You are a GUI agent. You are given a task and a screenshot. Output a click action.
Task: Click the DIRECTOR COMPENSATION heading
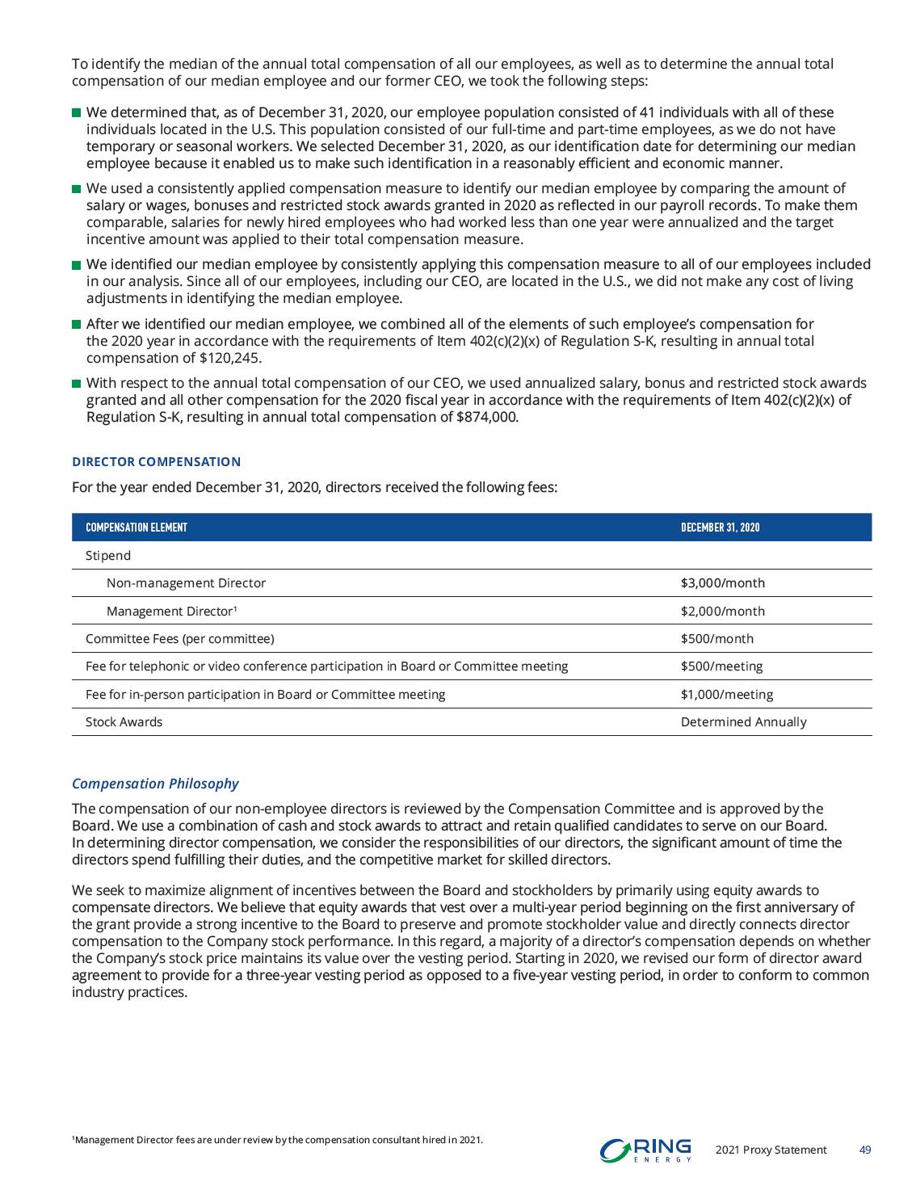(156, 462)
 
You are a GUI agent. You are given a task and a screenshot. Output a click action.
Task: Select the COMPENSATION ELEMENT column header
(137, 528)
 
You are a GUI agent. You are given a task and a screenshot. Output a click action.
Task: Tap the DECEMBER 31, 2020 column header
(720, 528)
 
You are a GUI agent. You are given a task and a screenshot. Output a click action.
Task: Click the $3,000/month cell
(722, 583)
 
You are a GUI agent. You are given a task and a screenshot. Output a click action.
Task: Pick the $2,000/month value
(722, 612)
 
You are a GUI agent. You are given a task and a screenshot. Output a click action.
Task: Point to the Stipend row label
(108, 556)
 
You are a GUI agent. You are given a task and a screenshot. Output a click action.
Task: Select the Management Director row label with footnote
(171, 612)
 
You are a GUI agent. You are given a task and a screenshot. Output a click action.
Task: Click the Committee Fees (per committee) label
(179, 639)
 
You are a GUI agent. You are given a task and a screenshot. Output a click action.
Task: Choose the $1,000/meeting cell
(726, 695)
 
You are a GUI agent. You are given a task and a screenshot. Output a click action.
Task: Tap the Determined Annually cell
(743, 722)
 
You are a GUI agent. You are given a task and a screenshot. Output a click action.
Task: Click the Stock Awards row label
(124, 722)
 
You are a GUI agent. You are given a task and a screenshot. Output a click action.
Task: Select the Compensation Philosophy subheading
(155, 784)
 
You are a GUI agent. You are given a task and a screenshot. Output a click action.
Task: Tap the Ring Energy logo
(645, 1150)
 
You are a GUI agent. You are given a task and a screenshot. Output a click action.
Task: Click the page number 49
(864, 1150)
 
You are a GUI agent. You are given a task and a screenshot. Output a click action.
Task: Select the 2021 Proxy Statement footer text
(771, 1150)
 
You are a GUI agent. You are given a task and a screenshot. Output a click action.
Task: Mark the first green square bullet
(77, 113)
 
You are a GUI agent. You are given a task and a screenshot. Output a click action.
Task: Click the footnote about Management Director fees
(277, 1140)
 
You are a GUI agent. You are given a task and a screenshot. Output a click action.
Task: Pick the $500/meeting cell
(721, 666)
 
